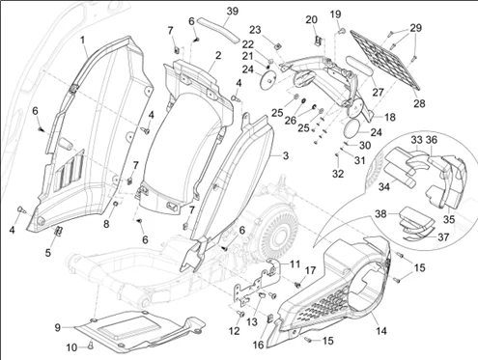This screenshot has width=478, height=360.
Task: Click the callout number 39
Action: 233,12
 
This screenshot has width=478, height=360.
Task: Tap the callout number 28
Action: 419,103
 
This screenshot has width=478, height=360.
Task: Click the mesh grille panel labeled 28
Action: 384,60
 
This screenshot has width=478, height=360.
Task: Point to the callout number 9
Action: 57,327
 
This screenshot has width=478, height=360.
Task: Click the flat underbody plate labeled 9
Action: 138,330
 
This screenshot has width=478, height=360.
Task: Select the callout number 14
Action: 381,330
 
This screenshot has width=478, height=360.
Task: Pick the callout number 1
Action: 83,41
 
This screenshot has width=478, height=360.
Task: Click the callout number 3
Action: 285,155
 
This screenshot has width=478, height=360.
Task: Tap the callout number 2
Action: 218,55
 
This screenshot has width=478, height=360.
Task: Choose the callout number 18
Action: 390,117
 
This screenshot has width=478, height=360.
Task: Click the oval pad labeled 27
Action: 358,66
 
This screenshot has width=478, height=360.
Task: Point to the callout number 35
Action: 449,219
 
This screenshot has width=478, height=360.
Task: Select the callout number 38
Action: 380,214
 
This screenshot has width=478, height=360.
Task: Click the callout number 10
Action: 71,347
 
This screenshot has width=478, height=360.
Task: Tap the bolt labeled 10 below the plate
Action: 90,346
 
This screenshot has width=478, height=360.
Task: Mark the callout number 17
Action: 310,270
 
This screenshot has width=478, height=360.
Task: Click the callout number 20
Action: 311,20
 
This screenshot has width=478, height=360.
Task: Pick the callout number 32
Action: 338,174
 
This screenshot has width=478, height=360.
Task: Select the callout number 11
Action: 295,263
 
